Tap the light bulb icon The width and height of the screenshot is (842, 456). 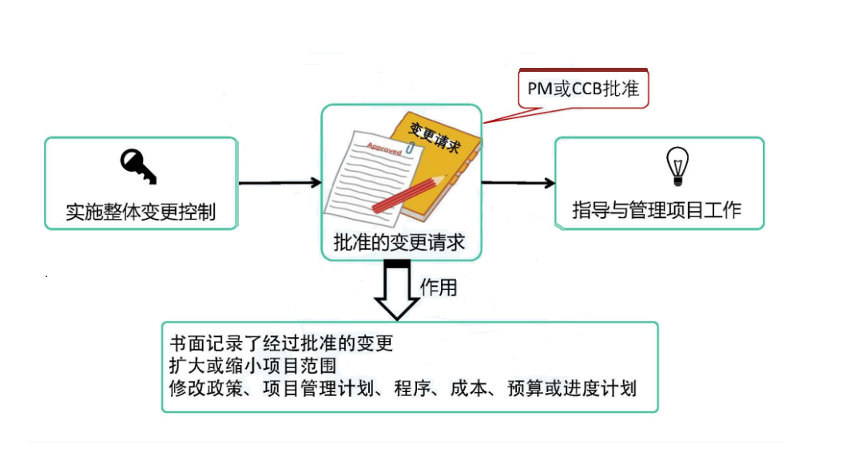(677, 166)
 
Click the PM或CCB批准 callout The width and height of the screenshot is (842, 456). (583, 89)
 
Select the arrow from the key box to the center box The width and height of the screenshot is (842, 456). (280, 184)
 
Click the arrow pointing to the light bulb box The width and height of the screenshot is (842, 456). (518, 183)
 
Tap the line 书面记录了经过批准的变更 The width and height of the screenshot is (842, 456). (282, 344)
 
